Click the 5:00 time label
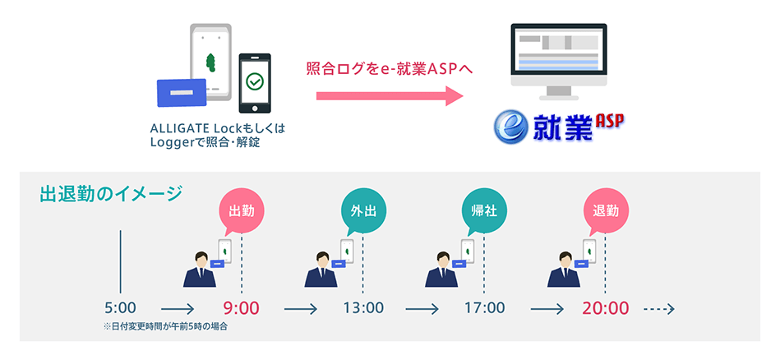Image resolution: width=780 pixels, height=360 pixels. (120, 309)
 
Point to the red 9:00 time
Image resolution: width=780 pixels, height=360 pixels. (241, 309)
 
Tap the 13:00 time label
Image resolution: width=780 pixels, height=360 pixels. (362, 309)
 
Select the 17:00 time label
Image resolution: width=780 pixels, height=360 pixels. (484, 309)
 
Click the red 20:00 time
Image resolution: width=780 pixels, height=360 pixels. (606, 309)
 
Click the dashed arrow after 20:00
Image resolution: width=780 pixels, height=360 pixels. (658, 310)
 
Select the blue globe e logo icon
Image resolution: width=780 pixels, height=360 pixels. (512, 127)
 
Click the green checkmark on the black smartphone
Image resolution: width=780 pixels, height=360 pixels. (255, 81)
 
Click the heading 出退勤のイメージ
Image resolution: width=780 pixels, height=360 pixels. (111, 194)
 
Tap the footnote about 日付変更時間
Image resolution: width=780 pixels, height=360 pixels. (165, 327)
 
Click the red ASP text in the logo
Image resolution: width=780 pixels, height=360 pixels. (610, 120)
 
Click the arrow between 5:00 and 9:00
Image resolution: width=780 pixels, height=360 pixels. (183, 310)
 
